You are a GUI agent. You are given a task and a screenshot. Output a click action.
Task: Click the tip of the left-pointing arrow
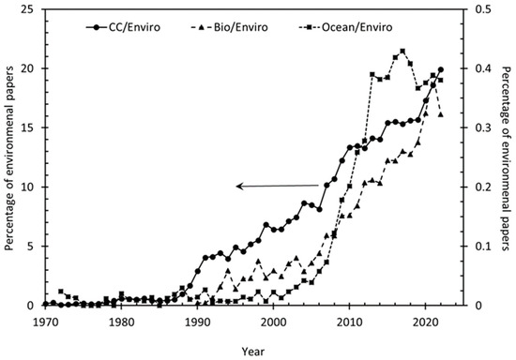pos(236,187)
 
